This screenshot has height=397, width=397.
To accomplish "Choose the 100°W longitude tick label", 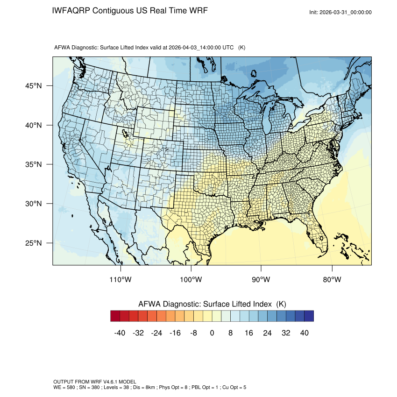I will pyautogui.click(x=191, y=280).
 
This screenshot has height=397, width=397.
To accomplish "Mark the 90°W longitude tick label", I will pyautogui.click(x=261, y=280).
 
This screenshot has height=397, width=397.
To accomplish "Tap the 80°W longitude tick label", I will pyautogui.click(x=332, y=280).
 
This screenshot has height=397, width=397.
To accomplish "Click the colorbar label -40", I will pyautogui.click(x=120, y=333).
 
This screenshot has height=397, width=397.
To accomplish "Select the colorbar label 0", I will pyautogui.click(x=212, y=333).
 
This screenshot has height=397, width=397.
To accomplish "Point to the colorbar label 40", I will pyautogui.click(x=304, y=333).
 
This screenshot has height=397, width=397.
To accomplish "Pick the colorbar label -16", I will pyautogui.click(x=175, y=333).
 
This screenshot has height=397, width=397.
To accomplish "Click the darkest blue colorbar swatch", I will pyautogui.click(x=309, y=316).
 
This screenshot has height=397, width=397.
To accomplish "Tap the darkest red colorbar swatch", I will pyautogui.click(x=115, y=316).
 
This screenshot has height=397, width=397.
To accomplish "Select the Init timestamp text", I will pyautogui.click(x=340, y=12).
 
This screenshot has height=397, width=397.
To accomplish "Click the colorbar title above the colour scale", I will pyautogui.click(x=212, y=304).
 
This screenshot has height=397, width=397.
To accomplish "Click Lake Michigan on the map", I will pyautogui.click(x=269, y=126).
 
